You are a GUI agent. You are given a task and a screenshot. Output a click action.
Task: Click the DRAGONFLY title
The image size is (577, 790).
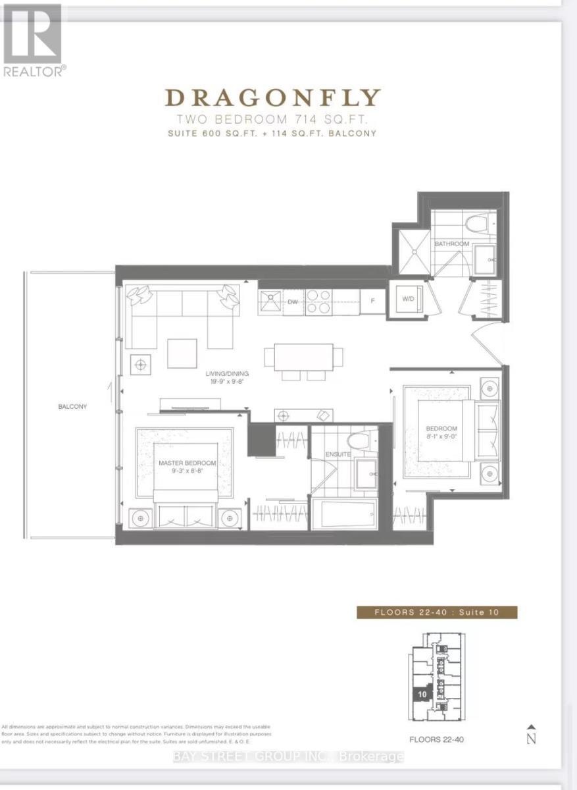272,98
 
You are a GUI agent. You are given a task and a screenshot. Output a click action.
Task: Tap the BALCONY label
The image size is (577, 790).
72,407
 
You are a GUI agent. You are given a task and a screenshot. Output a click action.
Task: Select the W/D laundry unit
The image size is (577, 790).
408,299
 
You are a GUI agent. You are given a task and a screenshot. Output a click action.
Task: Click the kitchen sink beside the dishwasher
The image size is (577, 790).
270,302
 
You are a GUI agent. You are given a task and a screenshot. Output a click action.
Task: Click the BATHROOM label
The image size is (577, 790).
451,244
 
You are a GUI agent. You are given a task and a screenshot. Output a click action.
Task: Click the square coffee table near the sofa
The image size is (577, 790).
182,354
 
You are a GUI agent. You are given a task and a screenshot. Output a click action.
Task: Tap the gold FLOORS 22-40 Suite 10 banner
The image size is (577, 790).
437,612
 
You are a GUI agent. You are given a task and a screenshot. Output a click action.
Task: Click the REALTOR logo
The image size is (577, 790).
33,39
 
